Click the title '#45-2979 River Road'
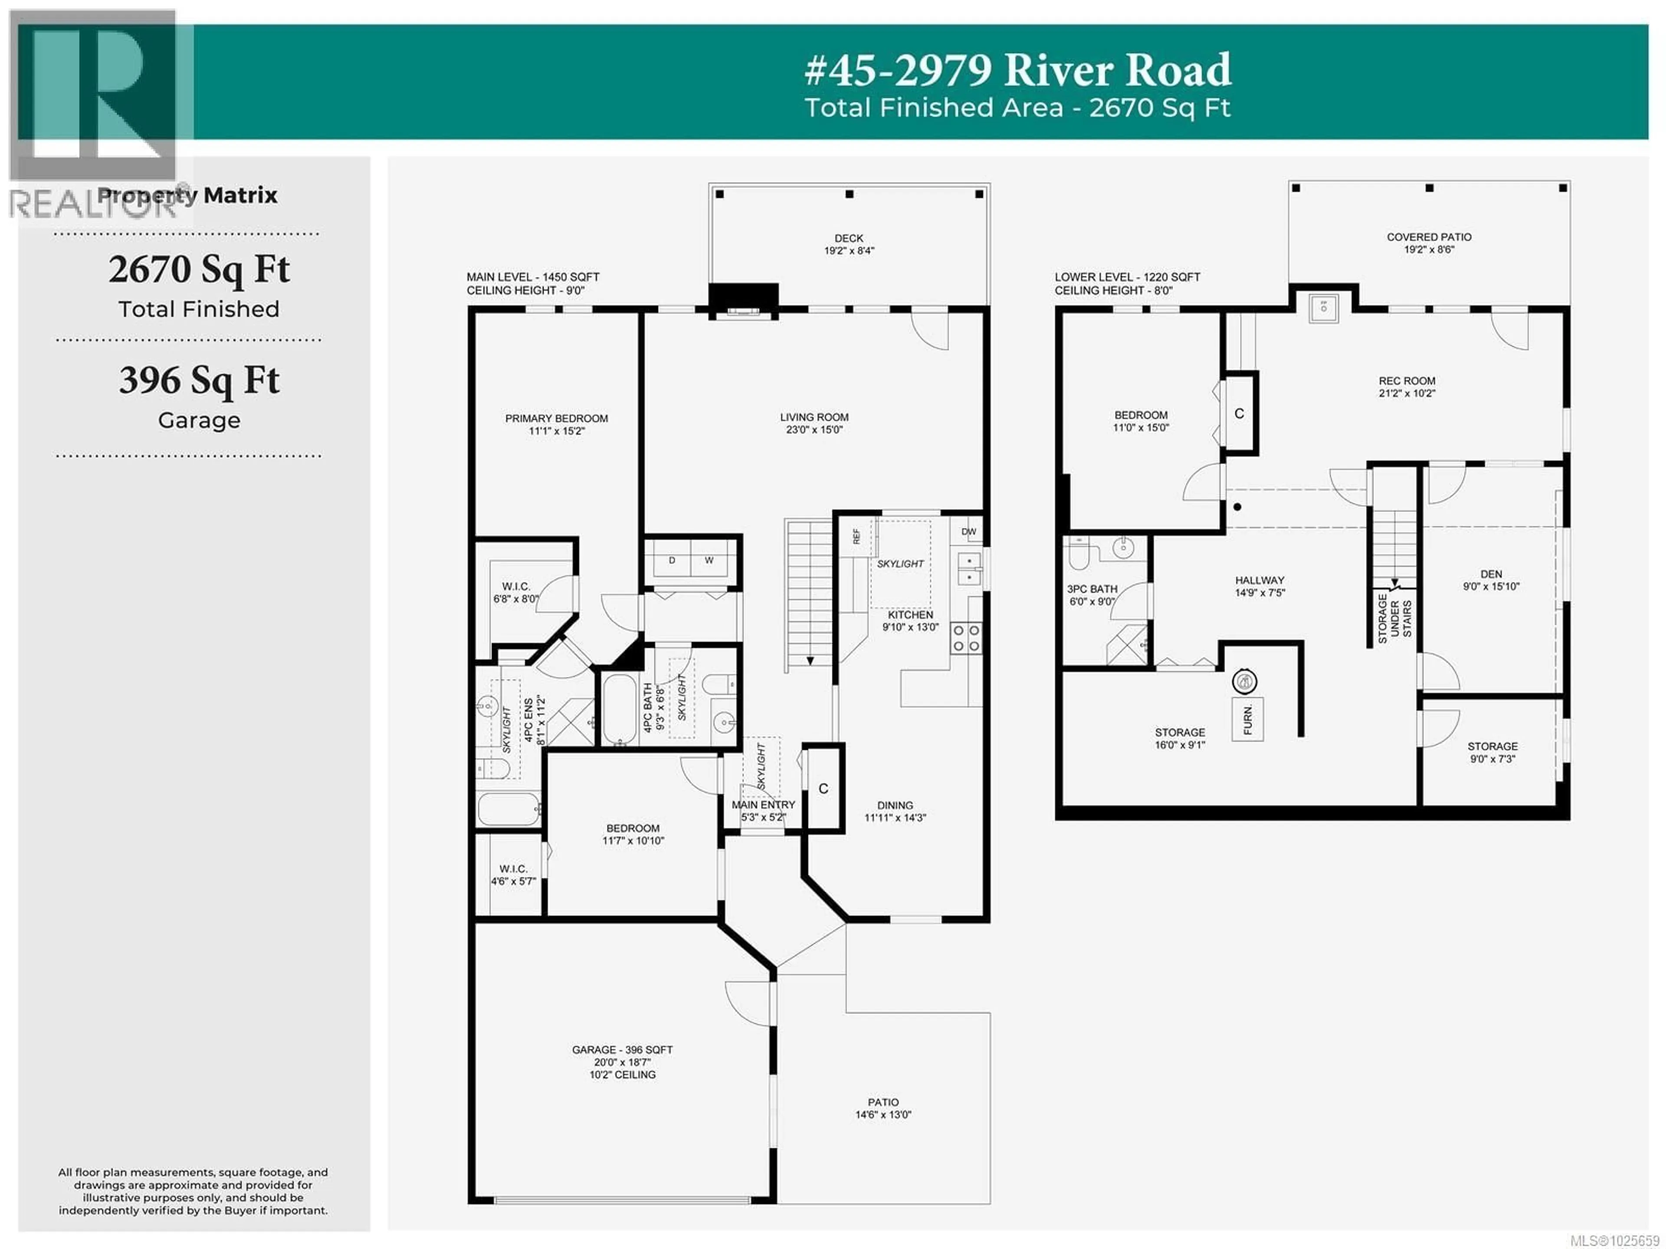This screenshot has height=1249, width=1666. pos(1017,70)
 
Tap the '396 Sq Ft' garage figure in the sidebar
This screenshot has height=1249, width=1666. pos(199,381)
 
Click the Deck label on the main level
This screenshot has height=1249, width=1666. pos(849,238)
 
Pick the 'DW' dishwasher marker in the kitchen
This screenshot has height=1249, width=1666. pos(968,532)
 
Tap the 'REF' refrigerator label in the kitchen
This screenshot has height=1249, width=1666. pos(856,536)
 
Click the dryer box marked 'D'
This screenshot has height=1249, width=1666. pos(672,560)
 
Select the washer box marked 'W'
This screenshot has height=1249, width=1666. pos(709,560)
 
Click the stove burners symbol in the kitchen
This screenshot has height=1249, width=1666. pos(966,638)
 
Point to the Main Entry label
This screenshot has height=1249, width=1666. pos(763,805)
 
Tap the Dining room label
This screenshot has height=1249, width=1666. pos(895,805)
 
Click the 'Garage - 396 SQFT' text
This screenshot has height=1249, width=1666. pos(622,1049)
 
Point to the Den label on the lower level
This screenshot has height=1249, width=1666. pos(1491,574)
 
